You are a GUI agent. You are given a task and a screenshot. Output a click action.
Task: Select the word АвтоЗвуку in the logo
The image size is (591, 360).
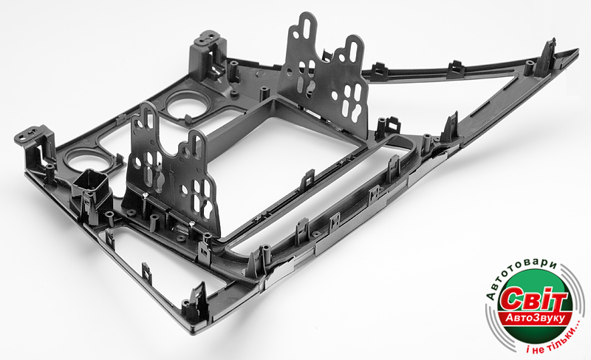point(535,318)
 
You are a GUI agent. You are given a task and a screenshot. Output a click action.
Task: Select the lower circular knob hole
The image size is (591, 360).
point(86,160)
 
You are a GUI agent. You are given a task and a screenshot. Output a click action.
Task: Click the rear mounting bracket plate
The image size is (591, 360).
point(324,75)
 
